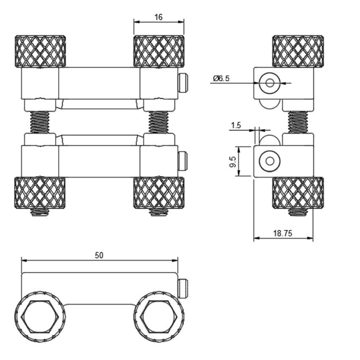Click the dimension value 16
coord(158,17)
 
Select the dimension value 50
coord(99,255)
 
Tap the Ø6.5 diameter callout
coord(222,78)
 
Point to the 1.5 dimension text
coord(236,125)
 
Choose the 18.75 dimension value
coord(283,233)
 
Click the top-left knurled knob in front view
coord(40,51)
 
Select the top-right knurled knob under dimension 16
coord(159,51)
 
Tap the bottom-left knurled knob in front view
coord(40,193)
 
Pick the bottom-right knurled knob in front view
coord(159,193)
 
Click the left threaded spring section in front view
coord(40,122)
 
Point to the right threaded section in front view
coord(159,122)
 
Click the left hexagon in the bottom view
coord(40,316)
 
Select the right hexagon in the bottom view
coord(159,316)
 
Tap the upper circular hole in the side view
coord(269,83)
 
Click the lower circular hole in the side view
coord(269,161)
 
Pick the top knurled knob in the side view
coord(298,51)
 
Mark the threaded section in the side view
coord(298,122)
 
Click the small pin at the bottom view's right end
coord(183,288)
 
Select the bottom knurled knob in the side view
coord(298,193)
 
